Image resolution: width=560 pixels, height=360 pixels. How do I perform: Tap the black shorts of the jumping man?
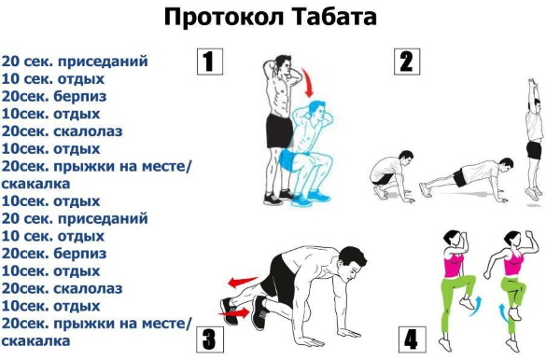pos(534,149)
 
